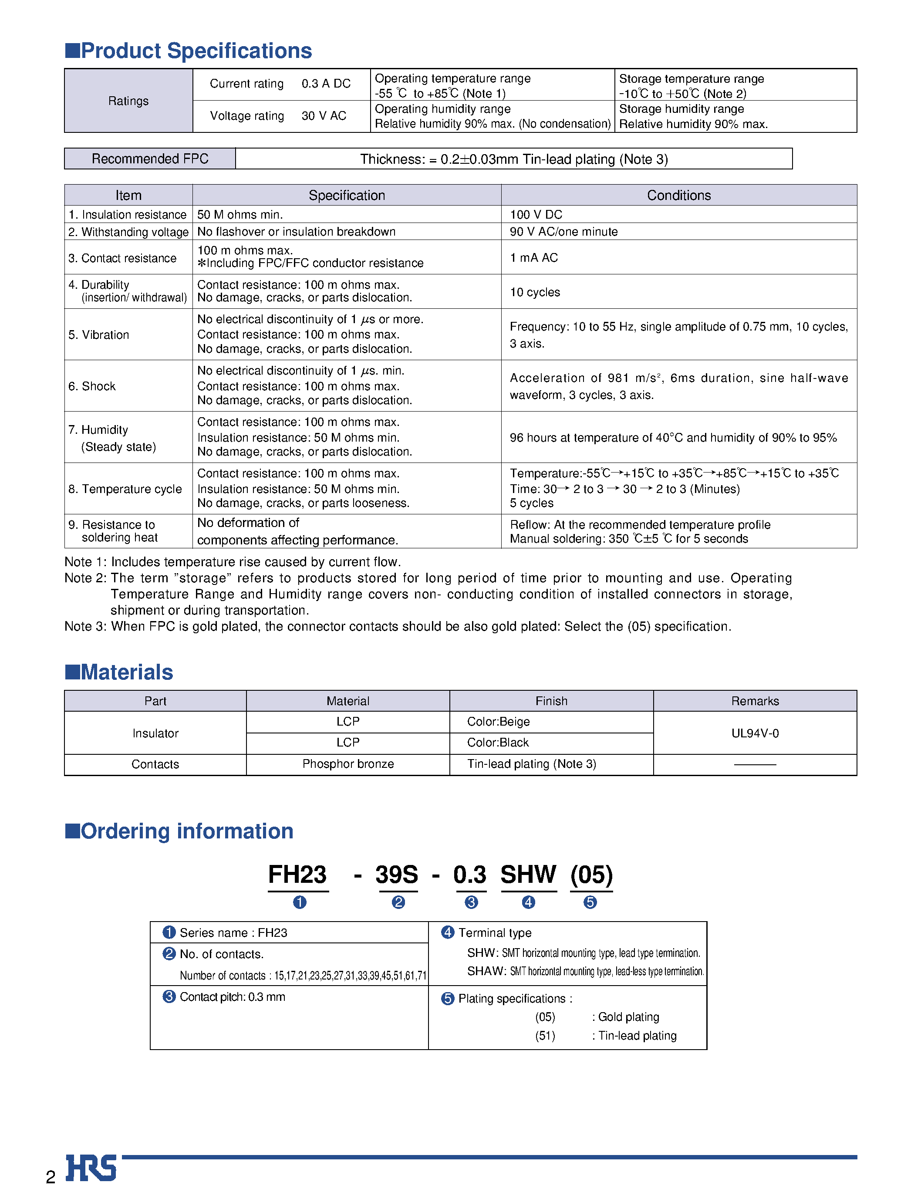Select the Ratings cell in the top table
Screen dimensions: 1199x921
(128, 101)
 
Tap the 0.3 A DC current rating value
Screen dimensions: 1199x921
(326, 84)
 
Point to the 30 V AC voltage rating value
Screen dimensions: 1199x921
(324, 116)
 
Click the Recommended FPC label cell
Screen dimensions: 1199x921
(150, 159)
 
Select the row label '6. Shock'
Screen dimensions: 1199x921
(92, 386)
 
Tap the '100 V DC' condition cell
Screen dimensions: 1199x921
(536, 214)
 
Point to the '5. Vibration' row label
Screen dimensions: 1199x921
(99, 334)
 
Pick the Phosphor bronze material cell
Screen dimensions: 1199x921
(347, 764)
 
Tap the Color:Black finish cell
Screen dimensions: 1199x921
(497, 742)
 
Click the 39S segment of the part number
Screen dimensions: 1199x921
(396, 875)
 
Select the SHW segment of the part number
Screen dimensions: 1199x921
(528, 875)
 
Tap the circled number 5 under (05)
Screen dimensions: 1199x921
(590, 902)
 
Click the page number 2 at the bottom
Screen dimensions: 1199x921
(51, 1177)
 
